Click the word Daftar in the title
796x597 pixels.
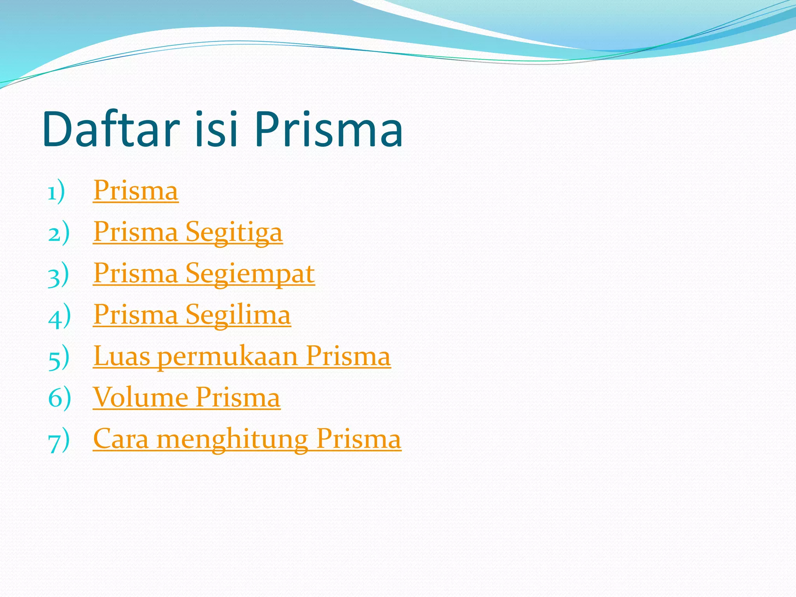pos(111,129)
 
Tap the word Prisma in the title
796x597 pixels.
pos(328,129)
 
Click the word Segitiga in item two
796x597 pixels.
pos(234,232)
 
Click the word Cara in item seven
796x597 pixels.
pos(121,439)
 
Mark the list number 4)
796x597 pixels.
pos(59,316)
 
